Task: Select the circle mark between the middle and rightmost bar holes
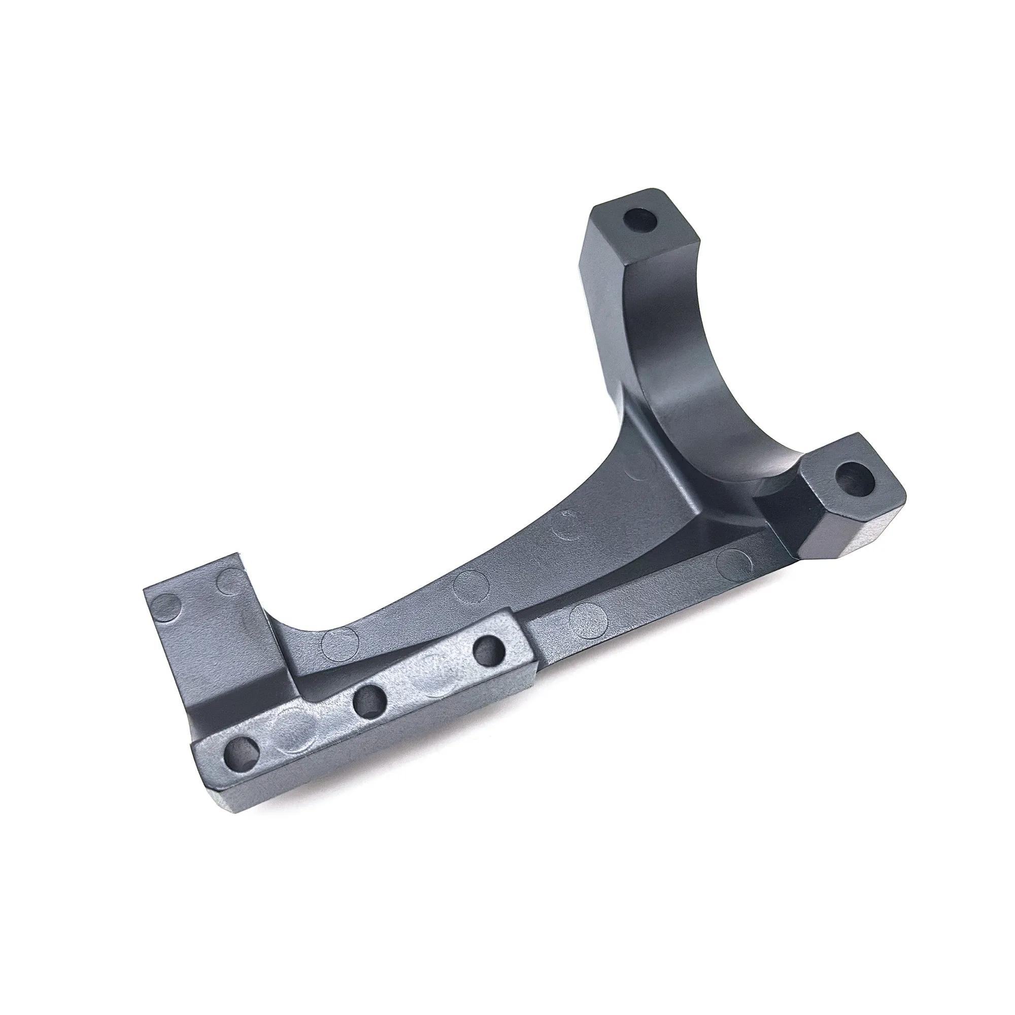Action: pos(431,683)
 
